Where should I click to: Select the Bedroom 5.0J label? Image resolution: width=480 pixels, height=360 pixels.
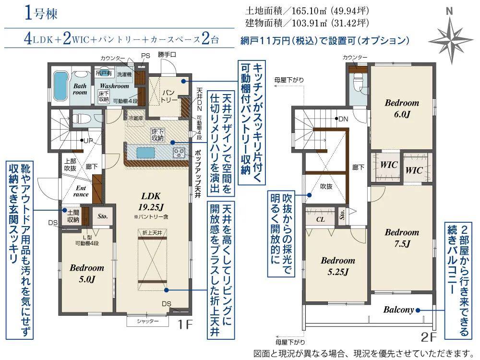(x=87, y=273)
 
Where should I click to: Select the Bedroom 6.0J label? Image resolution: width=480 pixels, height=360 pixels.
(x=402, y=108)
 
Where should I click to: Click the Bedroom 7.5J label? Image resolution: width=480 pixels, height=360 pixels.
(x=402, y=238)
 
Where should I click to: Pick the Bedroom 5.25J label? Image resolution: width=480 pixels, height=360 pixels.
(x=338, y=266)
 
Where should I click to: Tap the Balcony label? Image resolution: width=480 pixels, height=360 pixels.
(x=398, y=310)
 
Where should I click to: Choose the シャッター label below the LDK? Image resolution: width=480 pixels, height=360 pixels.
(x=148, y=322)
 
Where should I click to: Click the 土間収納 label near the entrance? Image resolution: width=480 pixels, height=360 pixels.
(x=73, y=217)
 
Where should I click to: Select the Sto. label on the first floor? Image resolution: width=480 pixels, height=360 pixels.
(x=102, y=216)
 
